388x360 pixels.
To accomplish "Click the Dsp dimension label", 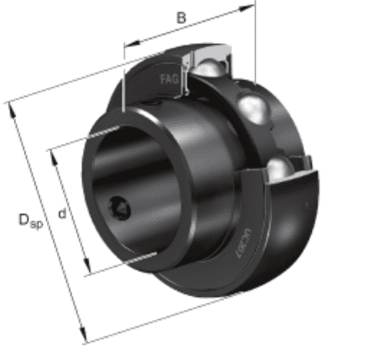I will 29,221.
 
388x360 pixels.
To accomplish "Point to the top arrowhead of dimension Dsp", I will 11,107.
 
